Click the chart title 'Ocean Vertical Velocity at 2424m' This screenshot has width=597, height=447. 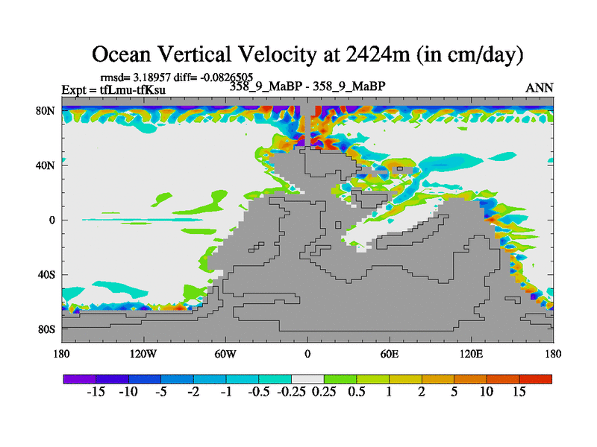pos(307,54)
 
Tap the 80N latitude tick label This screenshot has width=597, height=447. pos(48,112)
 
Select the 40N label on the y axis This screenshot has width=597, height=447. pos(48,166)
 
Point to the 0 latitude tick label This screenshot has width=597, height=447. pos(52,221)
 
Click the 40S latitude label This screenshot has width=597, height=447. pos(48,275)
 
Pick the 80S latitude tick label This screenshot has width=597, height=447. pos(48,329)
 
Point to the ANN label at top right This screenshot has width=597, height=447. pos(540,88)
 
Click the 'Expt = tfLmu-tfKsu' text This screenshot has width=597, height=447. pos(113,90)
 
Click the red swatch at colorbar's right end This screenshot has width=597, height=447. pos(536,379)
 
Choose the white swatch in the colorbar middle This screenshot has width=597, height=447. pos(307,379)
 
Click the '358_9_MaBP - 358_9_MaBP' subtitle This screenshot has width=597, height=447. pos(307,86)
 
